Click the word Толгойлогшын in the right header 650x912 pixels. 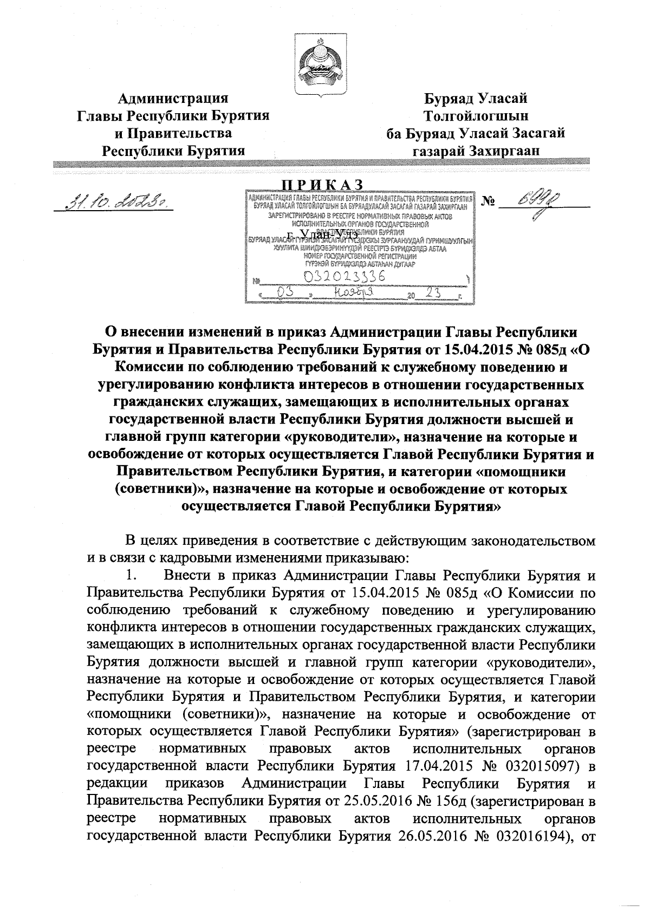[x=477, y=116]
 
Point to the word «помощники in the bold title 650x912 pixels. [x=521, y=472]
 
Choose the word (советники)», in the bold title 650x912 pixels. [x=162, y=489]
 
